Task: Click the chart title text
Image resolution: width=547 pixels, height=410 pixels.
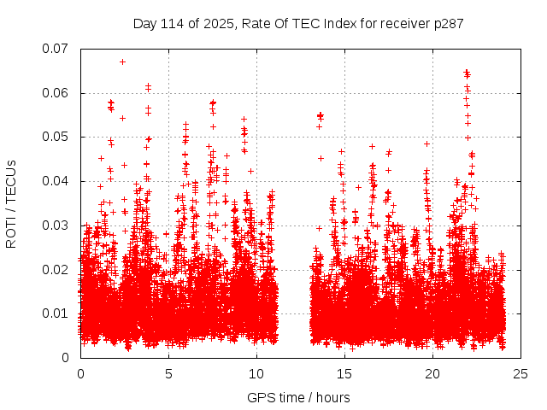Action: point(298,23)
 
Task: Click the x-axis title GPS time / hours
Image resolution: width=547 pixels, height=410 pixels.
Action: point(298,397)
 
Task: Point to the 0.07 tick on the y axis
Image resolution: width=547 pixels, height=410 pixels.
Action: point(56,49)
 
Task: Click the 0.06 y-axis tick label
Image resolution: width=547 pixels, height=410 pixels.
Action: point(56,93)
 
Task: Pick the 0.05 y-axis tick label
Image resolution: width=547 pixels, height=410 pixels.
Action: point(56,137)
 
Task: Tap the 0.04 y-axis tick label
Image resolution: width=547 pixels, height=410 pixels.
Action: point(56,181)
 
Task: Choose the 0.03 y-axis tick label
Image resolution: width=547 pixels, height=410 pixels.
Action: point(56,225)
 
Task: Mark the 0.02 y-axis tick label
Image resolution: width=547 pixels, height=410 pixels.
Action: point(56,269)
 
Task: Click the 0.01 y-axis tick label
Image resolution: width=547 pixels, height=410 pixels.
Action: point(56,313)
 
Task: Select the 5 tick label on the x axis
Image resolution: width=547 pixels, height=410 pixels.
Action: point(168,373)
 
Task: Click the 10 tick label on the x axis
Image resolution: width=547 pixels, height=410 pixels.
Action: point(256,373)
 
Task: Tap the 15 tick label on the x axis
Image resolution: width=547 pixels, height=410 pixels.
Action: point(344,373)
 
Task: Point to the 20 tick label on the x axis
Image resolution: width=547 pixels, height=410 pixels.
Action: point(432,373)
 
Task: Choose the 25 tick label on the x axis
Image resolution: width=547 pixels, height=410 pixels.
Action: point(521,373)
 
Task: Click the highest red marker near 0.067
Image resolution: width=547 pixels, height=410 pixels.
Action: point(122,61)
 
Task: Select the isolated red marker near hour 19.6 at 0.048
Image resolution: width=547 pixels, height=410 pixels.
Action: point(426,144)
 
